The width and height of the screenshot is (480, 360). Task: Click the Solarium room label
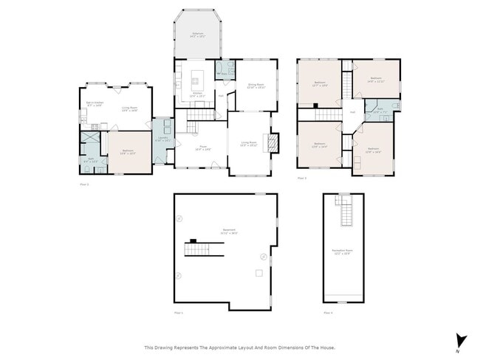[198, 34]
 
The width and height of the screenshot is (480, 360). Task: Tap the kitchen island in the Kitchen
[196, 75]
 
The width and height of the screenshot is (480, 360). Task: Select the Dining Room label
[256, 86]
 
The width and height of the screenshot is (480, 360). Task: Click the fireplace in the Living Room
[274, 142]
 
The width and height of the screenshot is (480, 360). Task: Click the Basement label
[229, 230]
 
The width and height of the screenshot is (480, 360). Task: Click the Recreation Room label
[342, 252]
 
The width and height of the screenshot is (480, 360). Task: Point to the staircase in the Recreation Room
[344, 215]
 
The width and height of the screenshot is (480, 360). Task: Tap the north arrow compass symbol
[462, 340]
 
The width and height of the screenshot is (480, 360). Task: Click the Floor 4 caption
[328, 313]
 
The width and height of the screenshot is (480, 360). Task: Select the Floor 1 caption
[177, 313]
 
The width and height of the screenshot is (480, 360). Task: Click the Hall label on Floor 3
[352, 112]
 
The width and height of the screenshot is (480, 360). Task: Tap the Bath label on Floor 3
[380, 111]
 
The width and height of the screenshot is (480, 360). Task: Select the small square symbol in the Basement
[258, 274]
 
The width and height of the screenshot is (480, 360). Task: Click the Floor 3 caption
[301, 178]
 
